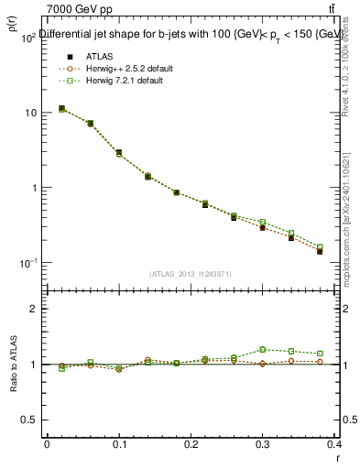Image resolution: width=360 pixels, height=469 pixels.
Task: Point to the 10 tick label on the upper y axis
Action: click(x=29, y=113)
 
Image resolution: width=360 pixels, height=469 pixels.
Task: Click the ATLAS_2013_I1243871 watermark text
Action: click(x=190, y=274)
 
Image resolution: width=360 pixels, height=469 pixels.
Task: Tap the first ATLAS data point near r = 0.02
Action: click(x=61, y=108)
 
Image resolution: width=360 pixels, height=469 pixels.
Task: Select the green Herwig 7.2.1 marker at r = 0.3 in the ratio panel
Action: click(x=263, y=349)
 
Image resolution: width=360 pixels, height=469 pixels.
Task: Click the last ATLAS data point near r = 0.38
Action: click(x=320, y=251)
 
